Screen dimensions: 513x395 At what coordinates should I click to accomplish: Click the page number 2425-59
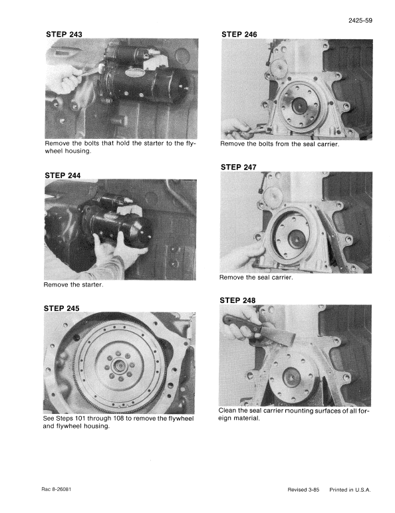[x=359, y=21]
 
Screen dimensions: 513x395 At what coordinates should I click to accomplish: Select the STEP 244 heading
[x=64, y=175]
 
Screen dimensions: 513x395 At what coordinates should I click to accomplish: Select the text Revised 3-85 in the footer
[x=303, y=490]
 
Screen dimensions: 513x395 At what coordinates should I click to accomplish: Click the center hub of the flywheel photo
[x=120, y=364]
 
